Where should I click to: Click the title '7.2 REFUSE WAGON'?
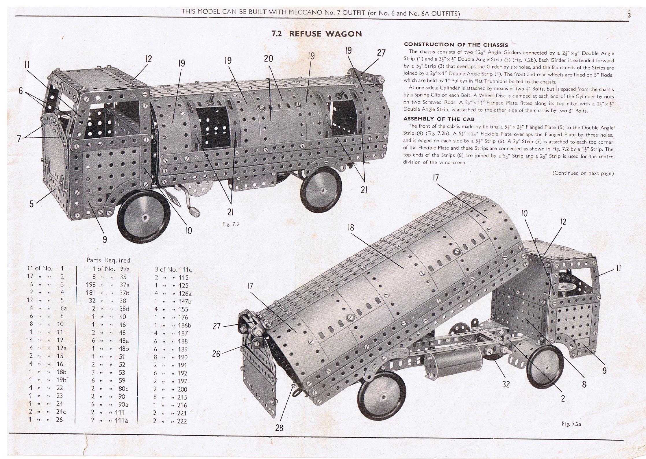pos(316,34)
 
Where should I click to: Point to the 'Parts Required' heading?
pos(108,260)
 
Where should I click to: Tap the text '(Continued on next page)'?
pos(583,173)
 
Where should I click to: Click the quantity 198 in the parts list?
pos(90,285)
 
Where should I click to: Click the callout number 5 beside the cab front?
pos(32,204)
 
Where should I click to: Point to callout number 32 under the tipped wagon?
pos(506,384)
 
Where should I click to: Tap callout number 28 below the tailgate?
pos(279,428)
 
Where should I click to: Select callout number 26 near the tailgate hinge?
pos(216,354)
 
